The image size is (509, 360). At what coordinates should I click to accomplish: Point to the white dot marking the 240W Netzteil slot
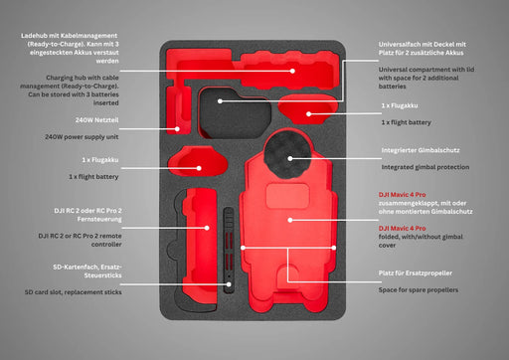(x=177, y=127)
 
